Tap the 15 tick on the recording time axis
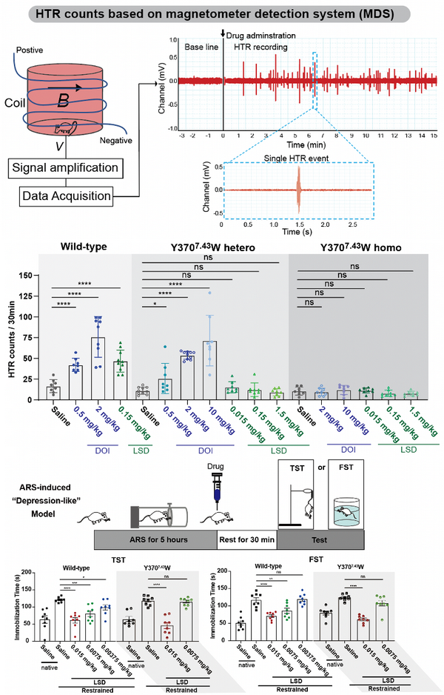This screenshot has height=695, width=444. pos(434,136)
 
